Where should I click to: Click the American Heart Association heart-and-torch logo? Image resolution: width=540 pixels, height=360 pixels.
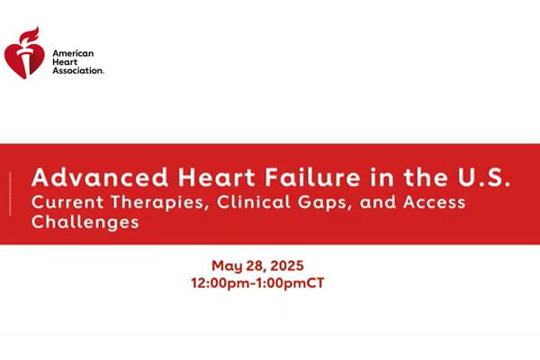[x=24, y=55]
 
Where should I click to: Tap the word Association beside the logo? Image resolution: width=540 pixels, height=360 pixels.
[x=77, y=70]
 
